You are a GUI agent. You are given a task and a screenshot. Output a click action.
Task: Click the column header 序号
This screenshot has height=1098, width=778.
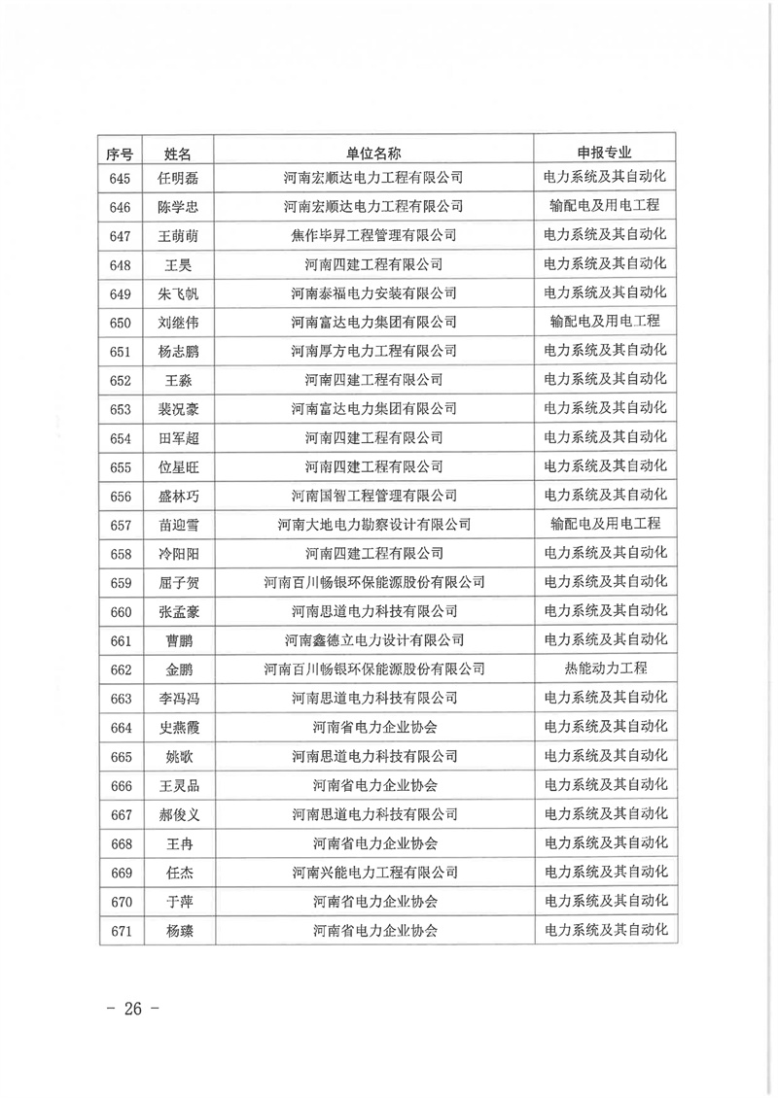pos(121,153)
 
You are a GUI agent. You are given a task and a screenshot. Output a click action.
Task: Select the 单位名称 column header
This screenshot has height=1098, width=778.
pos(373,153)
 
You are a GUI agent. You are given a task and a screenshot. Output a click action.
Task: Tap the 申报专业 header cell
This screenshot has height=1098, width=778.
pos(605,153)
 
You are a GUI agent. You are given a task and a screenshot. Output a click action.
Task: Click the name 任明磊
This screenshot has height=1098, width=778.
pos(177,178)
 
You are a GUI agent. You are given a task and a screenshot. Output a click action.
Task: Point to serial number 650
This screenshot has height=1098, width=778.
pos(121,322)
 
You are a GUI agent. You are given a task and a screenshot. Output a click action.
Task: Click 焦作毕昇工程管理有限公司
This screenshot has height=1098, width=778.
pos(373,235)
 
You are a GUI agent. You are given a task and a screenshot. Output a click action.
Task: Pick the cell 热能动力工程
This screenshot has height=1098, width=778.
pos(605,669)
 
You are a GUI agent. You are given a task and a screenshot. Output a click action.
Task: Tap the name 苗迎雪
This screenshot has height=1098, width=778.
pos(177,525)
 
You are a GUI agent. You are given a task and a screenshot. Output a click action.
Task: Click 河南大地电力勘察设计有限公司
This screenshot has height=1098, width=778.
pos(373,525)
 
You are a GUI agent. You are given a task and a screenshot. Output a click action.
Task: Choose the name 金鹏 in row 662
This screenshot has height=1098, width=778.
pos(177,669)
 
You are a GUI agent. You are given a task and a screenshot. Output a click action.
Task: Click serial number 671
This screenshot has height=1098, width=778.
pos(121,930)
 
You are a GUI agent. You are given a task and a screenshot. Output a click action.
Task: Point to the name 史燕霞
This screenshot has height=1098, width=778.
pos(177,728)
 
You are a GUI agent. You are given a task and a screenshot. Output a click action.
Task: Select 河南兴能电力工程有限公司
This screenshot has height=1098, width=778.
pos(373,873)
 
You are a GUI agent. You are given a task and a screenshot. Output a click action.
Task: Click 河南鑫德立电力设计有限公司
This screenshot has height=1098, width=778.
pos(373,640)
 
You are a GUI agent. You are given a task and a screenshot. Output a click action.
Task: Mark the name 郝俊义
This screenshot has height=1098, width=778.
pos(177,814)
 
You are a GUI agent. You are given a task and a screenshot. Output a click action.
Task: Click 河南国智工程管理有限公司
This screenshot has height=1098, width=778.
pos(373,496)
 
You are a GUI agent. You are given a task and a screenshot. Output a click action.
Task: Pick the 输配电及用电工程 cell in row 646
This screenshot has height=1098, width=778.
pos(605,206)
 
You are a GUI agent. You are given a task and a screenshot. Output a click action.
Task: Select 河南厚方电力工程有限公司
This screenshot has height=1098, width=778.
pos(373,351)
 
